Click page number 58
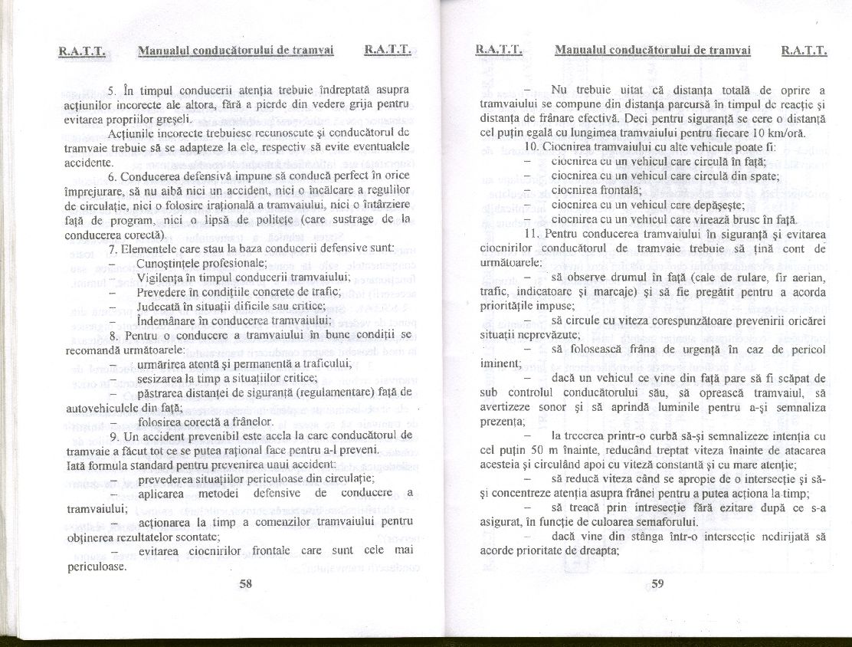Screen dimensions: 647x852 tap(246, 583)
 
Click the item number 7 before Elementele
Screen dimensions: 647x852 tap(113, 247)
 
